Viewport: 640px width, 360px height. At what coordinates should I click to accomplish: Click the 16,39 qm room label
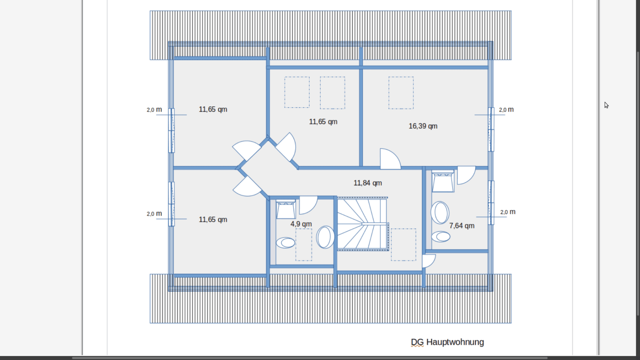pos(423,126)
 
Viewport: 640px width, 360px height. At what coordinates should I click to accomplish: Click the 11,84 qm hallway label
pos(367,183)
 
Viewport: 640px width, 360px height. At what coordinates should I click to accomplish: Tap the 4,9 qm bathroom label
pos(301,224)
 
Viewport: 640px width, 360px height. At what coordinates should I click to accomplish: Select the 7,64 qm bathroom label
pos(462,226)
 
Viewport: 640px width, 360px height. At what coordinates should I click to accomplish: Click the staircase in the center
pos(362,224)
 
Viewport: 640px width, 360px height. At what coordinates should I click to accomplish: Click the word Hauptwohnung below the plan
pos(455,342)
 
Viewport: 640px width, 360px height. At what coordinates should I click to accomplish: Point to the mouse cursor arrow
pos(606,105)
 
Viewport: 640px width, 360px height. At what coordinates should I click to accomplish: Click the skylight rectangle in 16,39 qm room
pos(401,92)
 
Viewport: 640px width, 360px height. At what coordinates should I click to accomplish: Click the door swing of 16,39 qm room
pos(389,159)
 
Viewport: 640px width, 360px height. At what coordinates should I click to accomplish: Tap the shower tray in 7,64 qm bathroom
pos(443,182)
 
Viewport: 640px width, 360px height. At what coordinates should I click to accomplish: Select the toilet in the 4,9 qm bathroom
pos(286,243)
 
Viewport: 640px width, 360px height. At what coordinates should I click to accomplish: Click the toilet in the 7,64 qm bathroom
pos(441,236)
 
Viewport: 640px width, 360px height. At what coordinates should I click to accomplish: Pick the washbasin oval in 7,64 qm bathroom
pos(440,213)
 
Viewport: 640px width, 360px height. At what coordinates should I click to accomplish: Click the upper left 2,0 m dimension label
pos(154,110)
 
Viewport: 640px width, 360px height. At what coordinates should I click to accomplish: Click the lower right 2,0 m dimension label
pos(507,212)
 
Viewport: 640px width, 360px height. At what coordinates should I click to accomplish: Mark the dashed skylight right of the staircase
pos(403,245)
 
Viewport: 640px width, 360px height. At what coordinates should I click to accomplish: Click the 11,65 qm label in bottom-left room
pos(213,220)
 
